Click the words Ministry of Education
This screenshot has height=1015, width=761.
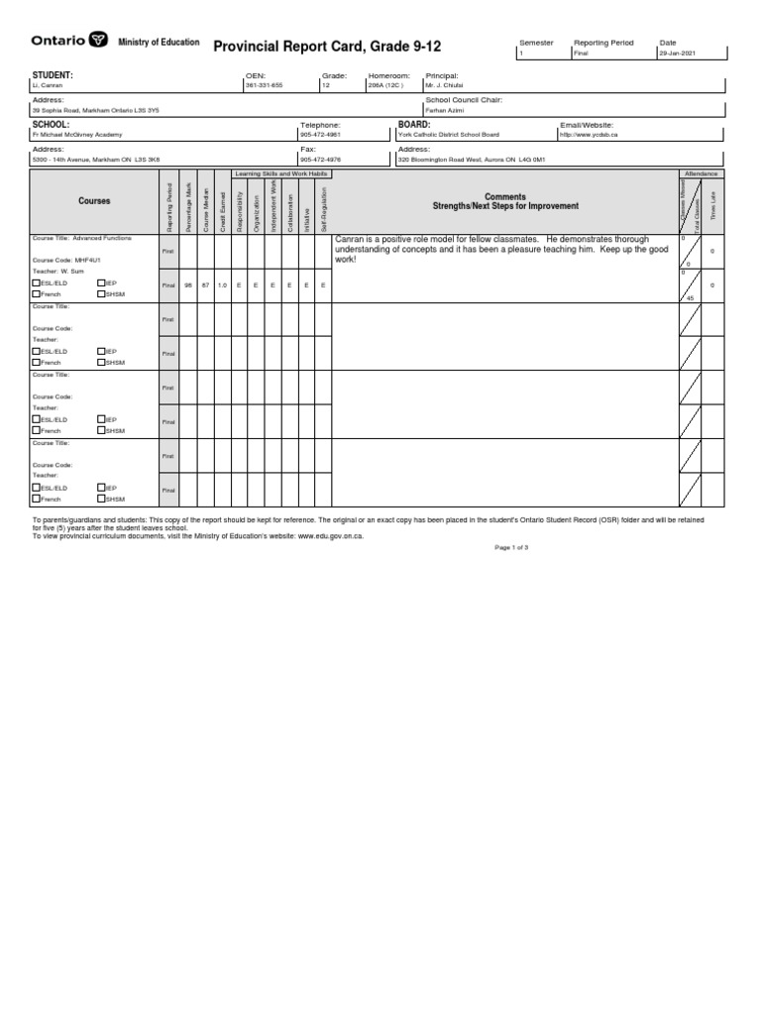tap(159, 43)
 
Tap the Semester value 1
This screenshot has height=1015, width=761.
tap(521, 55)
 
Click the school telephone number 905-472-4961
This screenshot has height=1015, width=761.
tap(320, 135)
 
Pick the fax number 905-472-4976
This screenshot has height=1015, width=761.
tap(320, 159)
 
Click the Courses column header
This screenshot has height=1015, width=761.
tap(94, 201)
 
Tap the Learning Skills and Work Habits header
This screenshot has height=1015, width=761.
tap(280, 173)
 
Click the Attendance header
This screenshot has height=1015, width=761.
tap(701, 173)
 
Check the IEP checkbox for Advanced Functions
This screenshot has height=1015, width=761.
tap(102, 282)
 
